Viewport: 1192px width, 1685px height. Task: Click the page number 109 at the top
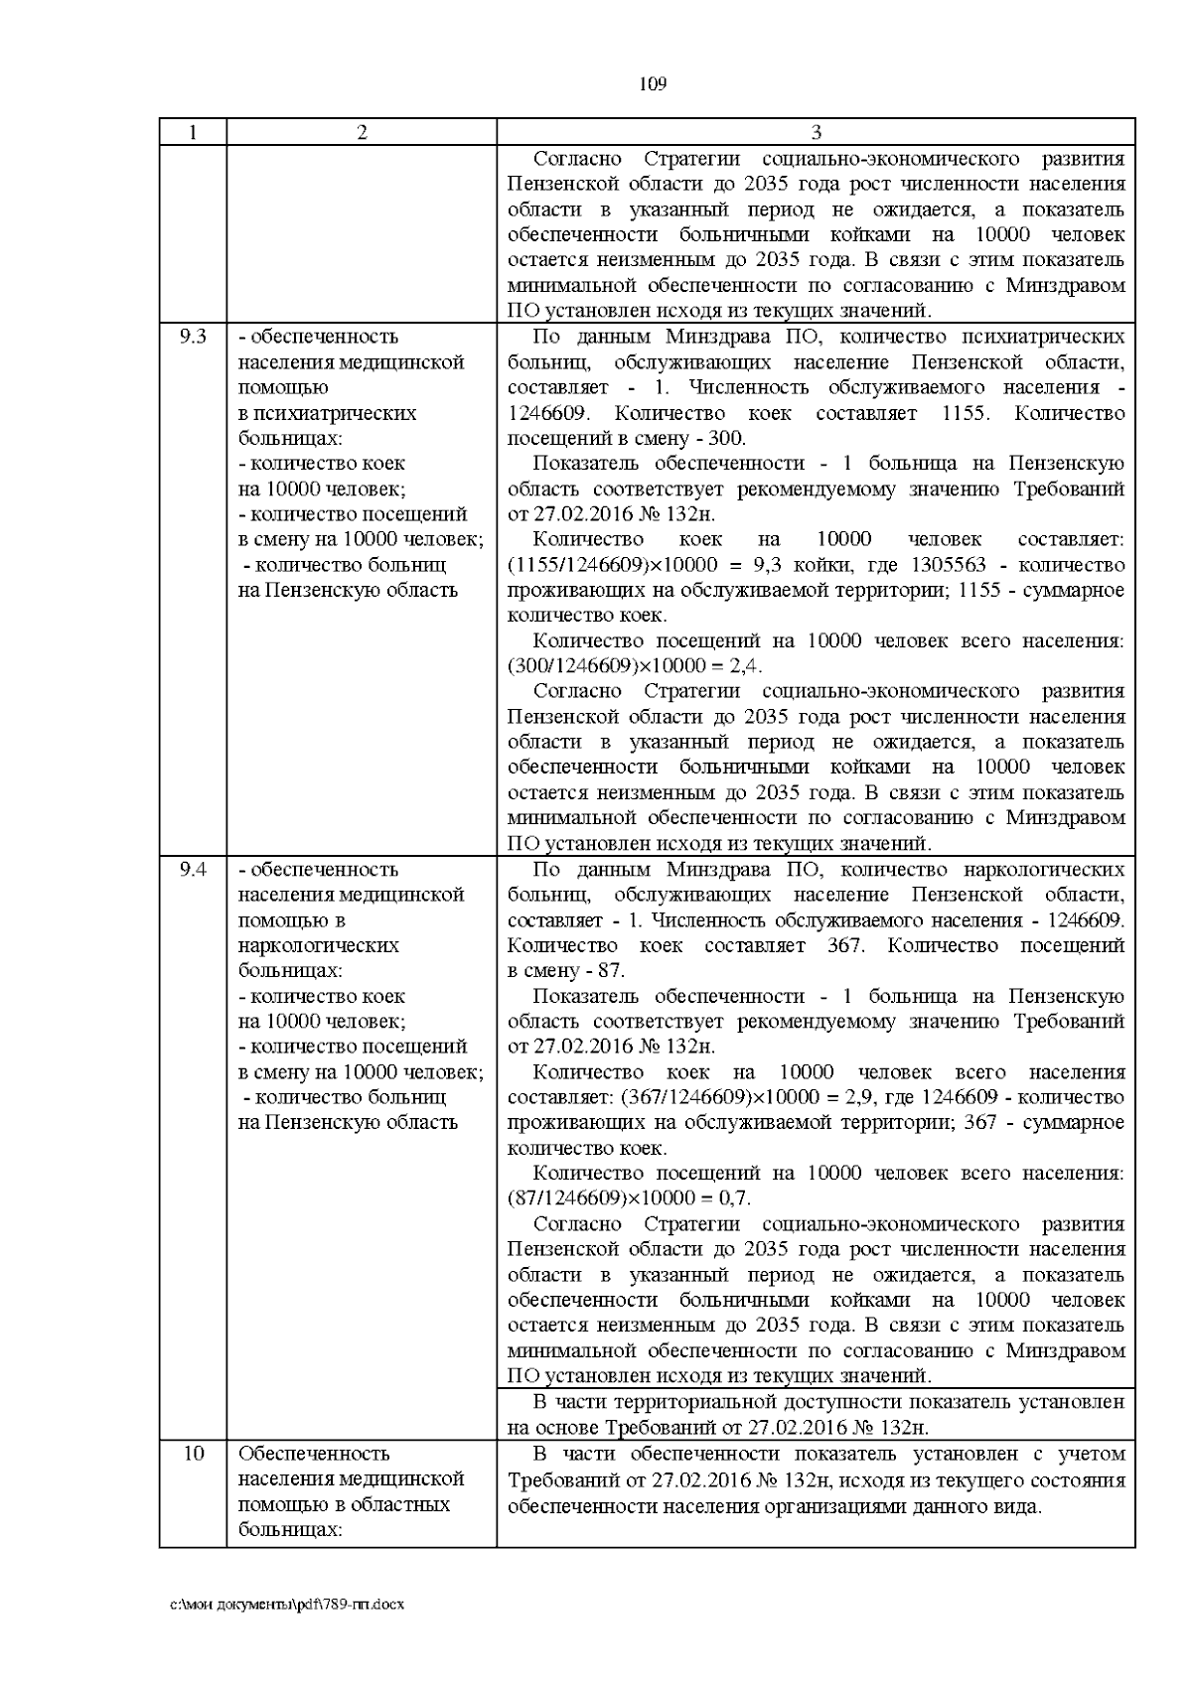click(x=652, y=83)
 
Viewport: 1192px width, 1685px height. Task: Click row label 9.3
click(x=193, y=337)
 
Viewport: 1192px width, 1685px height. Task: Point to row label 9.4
click(x=193, y=870)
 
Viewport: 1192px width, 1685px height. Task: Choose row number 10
click(x=193, y=1454)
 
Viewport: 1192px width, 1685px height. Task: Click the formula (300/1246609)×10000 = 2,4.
click(x=635, y=666)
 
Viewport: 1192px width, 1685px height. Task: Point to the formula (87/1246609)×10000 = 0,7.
click(x=629, y=1198)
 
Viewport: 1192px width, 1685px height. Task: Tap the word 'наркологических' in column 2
click(x=318, y=945)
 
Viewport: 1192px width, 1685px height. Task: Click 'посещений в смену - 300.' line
click(x=626, y=439)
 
